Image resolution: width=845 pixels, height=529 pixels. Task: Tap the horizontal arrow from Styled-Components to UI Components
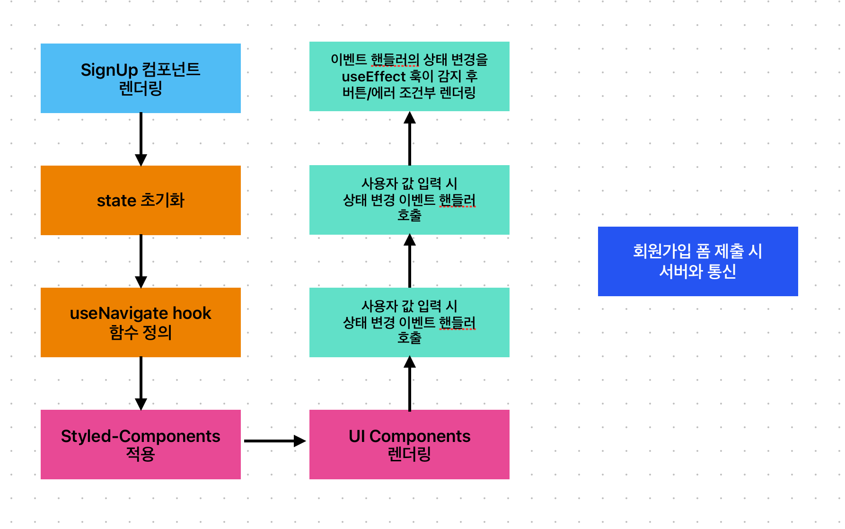(x=274, y=441)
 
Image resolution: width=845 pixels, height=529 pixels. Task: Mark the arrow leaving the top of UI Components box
(x=410, y=383)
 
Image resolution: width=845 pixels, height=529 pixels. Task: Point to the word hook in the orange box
(x=192, y=313)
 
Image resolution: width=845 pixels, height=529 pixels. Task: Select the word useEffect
(x=374, y=76)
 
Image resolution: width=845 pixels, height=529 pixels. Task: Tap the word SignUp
(x=109, y=70)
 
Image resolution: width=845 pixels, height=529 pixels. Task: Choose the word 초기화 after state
(x=163, y=200)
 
